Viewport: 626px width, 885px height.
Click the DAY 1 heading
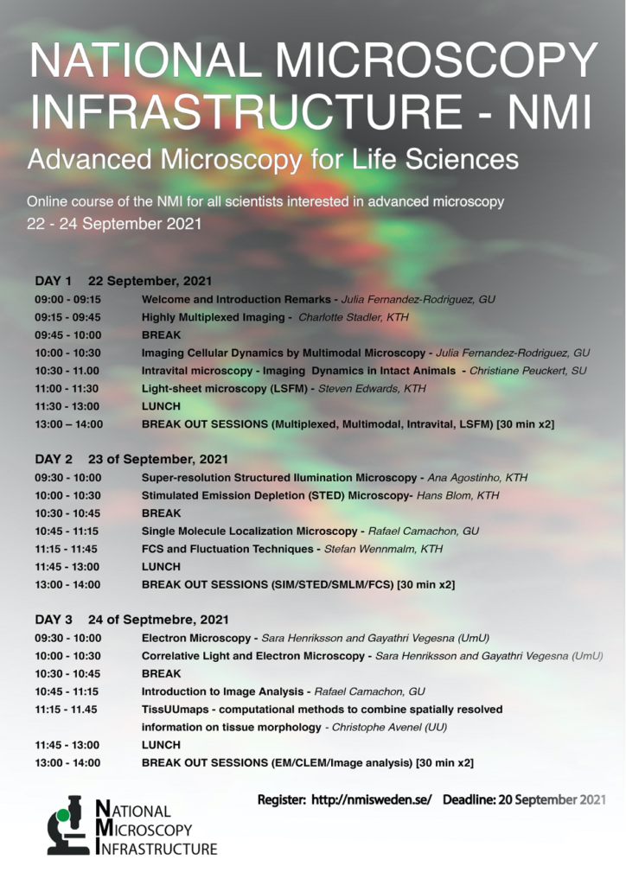coord(54,281)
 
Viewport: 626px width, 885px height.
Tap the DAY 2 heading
coord(54,459)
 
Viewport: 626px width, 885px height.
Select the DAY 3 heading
coord(54,619)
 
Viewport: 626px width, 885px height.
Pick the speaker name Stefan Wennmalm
coord(369,549)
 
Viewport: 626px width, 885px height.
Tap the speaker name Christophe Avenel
coord(376,727)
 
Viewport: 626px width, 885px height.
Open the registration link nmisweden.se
coord(372,799)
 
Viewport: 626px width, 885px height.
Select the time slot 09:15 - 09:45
coord(67,317)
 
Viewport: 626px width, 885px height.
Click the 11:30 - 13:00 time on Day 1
coord(67,406)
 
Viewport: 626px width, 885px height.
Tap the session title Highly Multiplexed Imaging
coord(214,317)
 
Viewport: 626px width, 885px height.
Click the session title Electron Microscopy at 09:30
coord(196,639)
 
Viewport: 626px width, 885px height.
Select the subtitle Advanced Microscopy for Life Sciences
coord(272,160)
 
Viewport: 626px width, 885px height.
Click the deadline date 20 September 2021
coord(552,799)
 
